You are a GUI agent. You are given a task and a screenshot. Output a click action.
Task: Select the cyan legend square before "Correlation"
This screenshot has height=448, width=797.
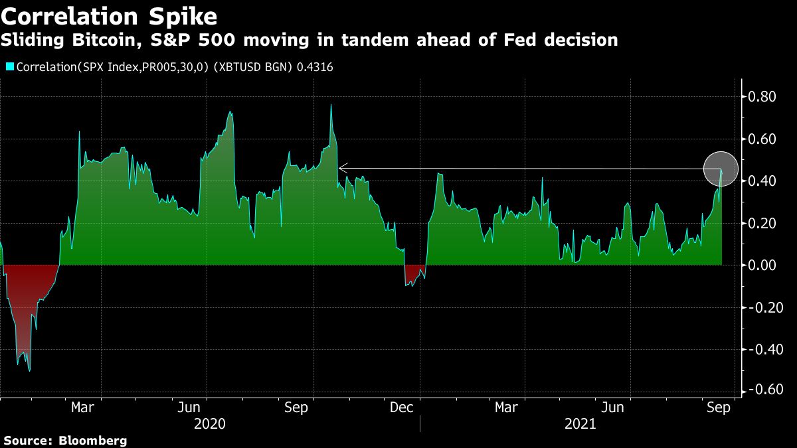(x=10, y=66)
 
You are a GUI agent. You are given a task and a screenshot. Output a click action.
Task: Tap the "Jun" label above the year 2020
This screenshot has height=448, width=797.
(x=189, y=407)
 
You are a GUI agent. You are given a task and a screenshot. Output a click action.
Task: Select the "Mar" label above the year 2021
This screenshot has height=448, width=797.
(x=507, y=407)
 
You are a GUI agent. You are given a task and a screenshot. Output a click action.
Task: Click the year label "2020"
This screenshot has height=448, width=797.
(x=210, y=424)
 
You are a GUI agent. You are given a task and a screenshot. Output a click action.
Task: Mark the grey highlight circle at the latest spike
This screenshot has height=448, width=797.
(x=721, y=169)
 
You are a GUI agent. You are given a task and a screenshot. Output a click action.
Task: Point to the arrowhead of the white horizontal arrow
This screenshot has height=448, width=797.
(x=341, y=168)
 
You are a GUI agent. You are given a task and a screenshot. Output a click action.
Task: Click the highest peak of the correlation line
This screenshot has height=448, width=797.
(x=331, y=105)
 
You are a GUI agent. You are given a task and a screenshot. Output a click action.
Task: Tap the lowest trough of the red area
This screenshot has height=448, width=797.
(x=29, y=370)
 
